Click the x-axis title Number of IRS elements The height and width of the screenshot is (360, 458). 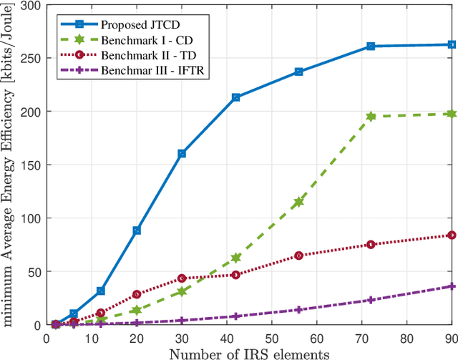(248, 352)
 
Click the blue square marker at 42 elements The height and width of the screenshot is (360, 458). (235, 97)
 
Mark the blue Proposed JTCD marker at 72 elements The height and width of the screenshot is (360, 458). (371, 46)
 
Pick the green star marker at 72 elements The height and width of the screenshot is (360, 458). (371, 116)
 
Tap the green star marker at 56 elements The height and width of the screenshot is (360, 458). (298, 202)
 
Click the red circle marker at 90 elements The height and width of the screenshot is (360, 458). (451, 235)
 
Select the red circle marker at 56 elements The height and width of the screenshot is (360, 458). (298, 256)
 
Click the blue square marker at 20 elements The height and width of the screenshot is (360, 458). (137, 230)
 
